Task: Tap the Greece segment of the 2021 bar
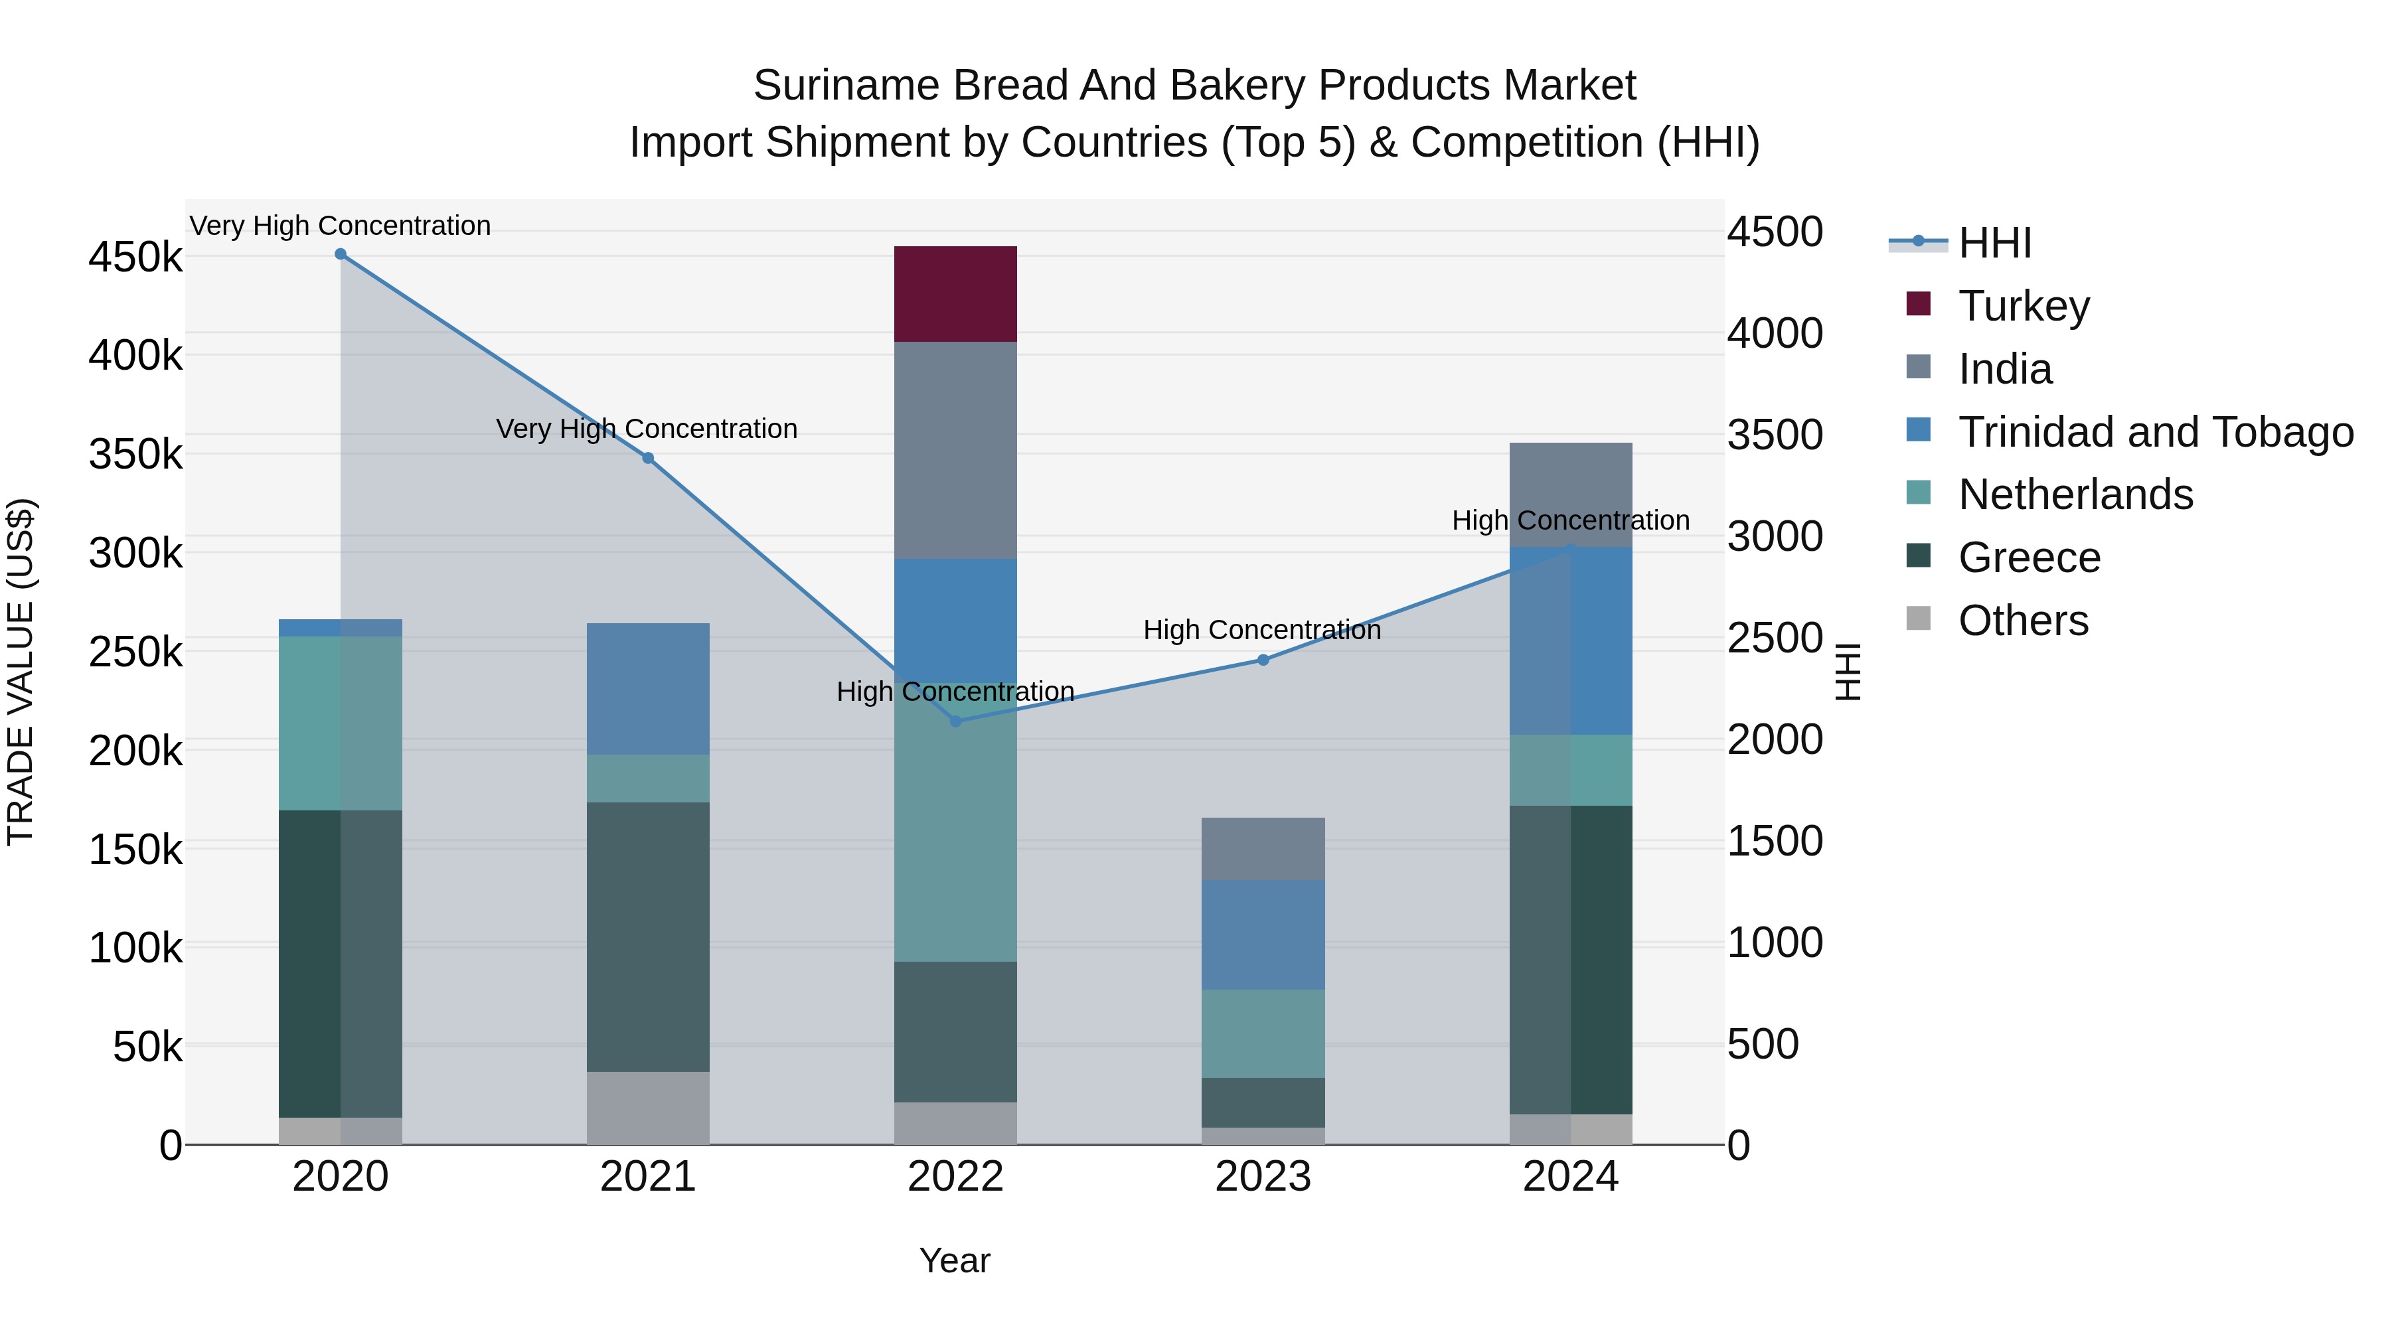tap(647, 936)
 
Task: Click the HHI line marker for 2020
tap(341, 254)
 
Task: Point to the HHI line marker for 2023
tap(1263, 660)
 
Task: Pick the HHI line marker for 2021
tap(647, 458)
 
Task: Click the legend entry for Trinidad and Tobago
tap(2154, 432)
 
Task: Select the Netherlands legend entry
tap(2075, 494)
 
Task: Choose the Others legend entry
tap(2023, 621)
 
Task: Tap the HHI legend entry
tap(1995, 243)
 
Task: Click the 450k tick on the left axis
tap(135, 257)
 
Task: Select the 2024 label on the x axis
tap(1570, 1177)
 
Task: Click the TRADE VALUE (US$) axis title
tap(21, 672)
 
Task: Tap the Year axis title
tap(955, 1260)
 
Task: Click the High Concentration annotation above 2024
tap(1570, 520)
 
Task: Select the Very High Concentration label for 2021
tap(647, 429)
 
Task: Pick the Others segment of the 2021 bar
tap(647, 1108)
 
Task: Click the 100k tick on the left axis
tap(135, 948)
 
